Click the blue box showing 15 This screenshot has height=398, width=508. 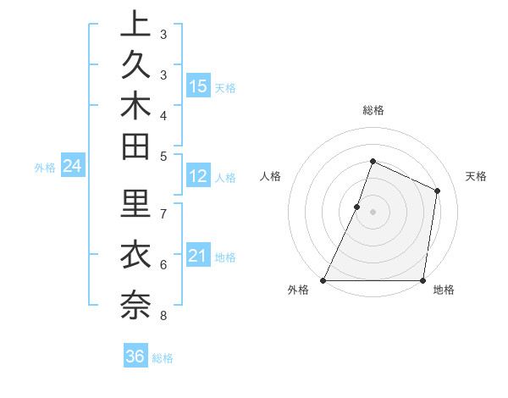[x=198, y=86]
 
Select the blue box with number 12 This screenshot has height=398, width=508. [x=198, y=176]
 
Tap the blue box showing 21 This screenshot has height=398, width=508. [x=198, y=256]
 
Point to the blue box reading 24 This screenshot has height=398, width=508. [x=72, y=167]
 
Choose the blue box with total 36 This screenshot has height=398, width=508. [x=135, y=357]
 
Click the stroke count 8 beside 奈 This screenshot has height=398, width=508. [x=163, y=317]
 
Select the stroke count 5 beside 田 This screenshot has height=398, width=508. [x=163, y=156]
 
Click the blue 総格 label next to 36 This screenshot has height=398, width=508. [x=163, y=358]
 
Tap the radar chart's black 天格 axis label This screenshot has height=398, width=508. [x=476, y=176]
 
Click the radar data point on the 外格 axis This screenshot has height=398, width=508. [x=323, y=280]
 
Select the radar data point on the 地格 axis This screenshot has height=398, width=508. [x=422, y=280]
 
